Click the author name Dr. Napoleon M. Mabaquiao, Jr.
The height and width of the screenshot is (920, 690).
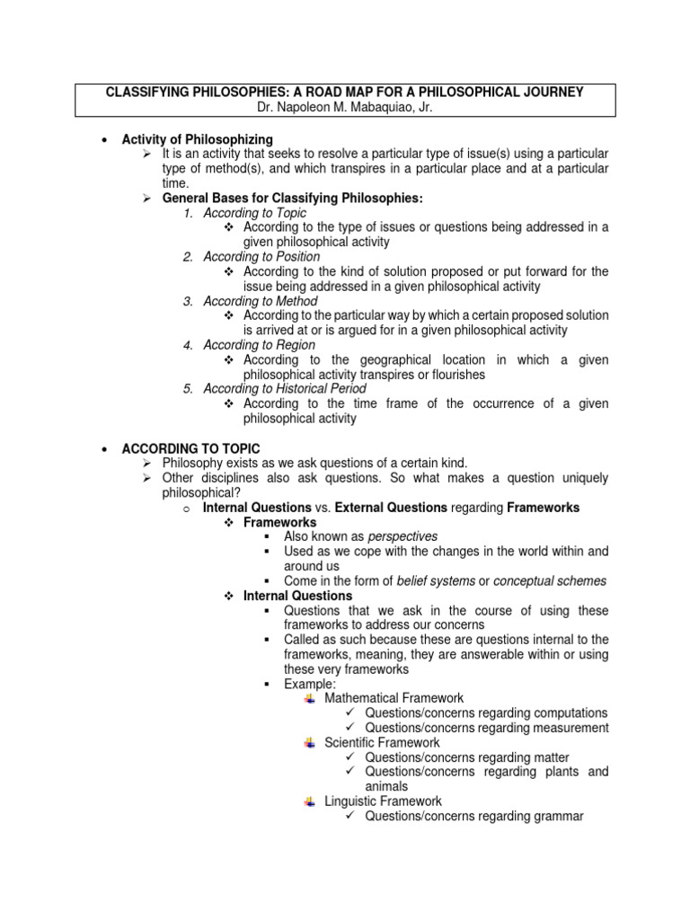coord(345,107)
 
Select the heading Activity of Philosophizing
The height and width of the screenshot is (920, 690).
coord(197,139)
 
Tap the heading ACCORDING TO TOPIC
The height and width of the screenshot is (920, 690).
coord(190,447)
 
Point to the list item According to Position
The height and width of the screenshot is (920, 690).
coord(249,257)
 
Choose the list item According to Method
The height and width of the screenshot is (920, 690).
coord(248,301)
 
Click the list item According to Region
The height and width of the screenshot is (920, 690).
coord(247,345)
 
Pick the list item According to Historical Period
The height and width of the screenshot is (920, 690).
coord(272,389)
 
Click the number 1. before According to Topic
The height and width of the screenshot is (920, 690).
coord(188,213)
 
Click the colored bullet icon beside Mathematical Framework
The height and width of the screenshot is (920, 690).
coord(310,698)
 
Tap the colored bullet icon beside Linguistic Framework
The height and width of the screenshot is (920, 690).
coord(310,801)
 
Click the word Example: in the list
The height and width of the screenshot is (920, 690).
coord(310,684)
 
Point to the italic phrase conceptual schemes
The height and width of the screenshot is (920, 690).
coord(550,580)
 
